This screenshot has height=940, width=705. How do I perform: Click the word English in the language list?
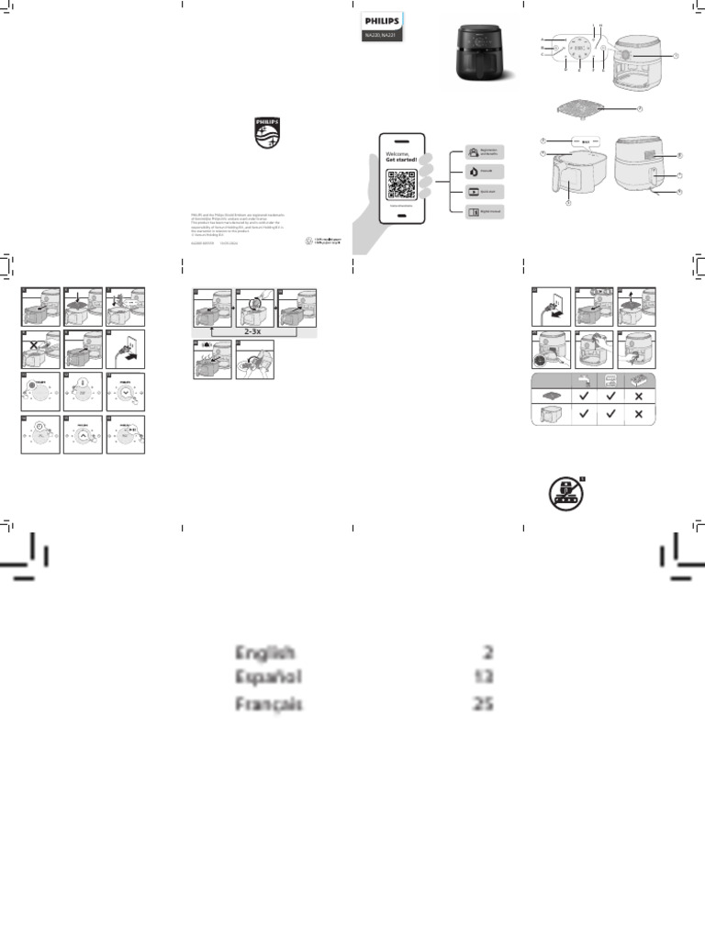(264, 653)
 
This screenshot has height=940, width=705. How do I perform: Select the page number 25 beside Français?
(481, 705)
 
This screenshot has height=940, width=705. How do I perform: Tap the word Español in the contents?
(267, 678)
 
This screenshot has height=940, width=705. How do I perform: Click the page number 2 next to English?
(487, 653)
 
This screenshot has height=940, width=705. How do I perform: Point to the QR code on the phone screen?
(403, 184)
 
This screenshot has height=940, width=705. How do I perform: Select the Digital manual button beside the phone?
(484, 212)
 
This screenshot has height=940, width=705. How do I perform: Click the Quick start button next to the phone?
(484, 192)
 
